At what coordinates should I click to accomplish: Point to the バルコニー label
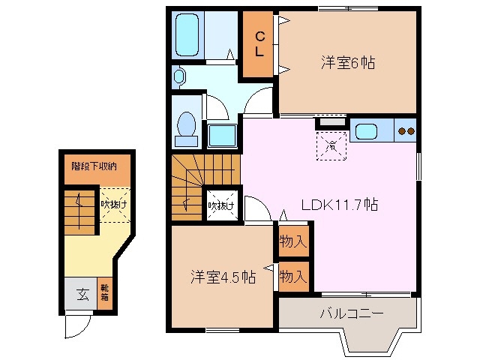(x=351, y=312)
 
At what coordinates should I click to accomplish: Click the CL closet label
(x=258, y=44)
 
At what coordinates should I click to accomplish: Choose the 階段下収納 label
(x=94, y=166)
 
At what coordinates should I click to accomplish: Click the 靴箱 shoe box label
(x=104, y=293)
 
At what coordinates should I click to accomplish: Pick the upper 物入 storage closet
(x=293, y=241)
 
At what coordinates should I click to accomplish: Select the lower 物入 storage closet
(x=293, y=276)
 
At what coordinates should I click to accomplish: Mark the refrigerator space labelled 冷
(x=330, y=145)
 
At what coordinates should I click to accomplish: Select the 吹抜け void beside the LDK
(x=222, y=204)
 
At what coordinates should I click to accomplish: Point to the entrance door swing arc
(x=77, y=324)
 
